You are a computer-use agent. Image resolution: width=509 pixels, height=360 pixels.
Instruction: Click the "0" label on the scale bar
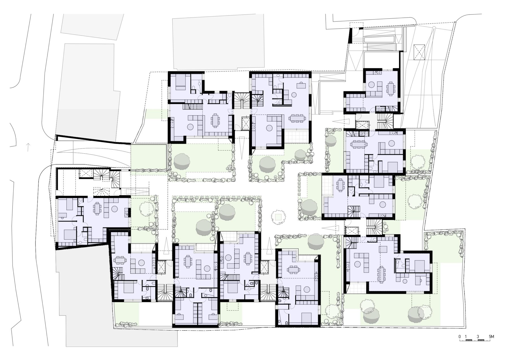coord(460,337)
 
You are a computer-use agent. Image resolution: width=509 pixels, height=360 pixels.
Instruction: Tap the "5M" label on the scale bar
coord(491,337)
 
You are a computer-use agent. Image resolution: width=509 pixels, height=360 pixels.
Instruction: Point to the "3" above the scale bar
coord(478,337)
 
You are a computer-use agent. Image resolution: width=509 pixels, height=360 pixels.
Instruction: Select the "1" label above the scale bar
coord(466,337)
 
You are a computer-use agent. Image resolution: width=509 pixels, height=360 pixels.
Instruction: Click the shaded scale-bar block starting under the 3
coord(481,340)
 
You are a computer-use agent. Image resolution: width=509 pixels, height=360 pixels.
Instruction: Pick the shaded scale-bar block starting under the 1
coord(469,340)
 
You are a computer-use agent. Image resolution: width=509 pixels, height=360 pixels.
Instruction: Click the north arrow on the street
coord(28,147)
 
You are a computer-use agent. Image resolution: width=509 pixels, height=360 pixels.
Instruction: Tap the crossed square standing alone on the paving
coord(419,52)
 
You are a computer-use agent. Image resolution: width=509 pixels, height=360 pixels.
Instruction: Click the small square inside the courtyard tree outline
coord(279,217)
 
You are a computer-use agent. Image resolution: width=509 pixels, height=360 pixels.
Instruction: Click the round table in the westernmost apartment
coord(115,209)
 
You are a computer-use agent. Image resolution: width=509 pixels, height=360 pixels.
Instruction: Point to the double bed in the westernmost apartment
coord(69,234)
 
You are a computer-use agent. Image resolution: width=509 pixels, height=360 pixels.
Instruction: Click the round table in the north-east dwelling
coord(372,84)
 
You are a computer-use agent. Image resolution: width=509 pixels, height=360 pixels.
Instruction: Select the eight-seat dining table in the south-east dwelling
coord(381,274)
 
